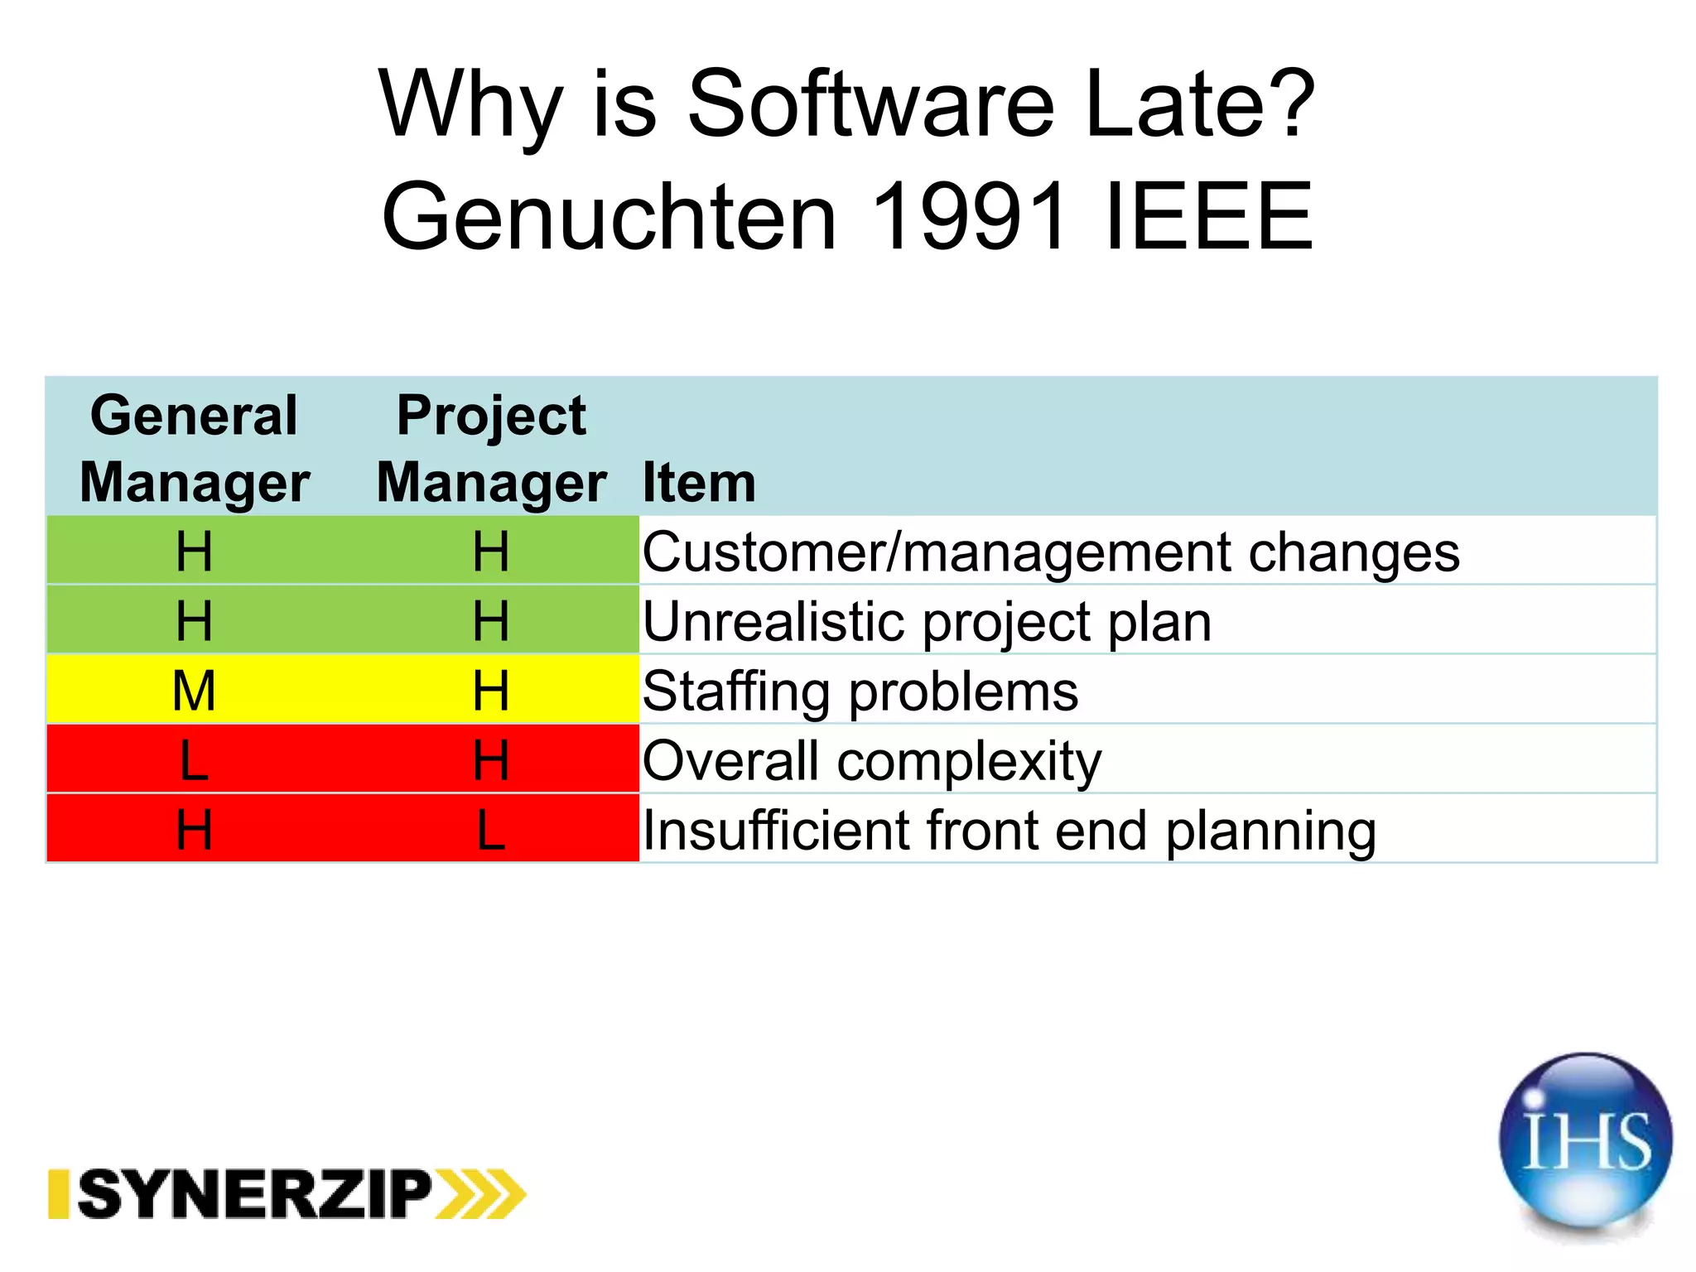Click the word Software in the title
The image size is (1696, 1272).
click(x=870, y=105)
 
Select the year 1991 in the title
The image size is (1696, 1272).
click(x=968, y=217)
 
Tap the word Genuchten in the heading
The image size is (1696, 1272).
click(x=609, y=217)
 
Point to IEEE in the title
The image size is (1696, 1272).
click(x=1208, y=217)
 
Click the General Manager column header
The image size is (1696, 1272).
click(x=195, y=448)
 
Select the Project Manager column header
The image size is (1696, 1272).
click(x=491, y=448)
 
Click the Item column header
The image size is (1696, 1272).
click(x=699, y=483)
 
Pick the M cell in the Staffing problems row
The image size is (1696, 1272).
click(x=195, y=691)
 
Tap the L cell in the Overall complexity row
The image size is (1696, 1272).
click(x=195, y=760)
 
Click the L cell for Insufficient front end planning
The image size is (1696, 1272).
click(x=491, y=830)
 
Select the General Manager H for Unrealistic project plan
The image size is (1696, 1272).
click(x=195, y=621)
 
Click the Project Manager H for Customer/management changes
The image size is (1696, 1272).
click(x=491, y=552)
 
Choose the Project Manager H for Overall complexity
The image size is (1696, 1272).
click(x=491, y=760)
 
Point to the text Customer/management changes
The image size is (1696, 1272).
click(x=1050, y=553)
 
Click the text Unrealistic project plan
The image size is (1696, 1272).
click(x=926, y=623)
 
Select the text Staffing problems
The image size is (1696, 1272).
click(x=860, y=691)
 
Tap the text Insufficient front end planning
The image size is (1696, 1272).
click(x=1009, y=831)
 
